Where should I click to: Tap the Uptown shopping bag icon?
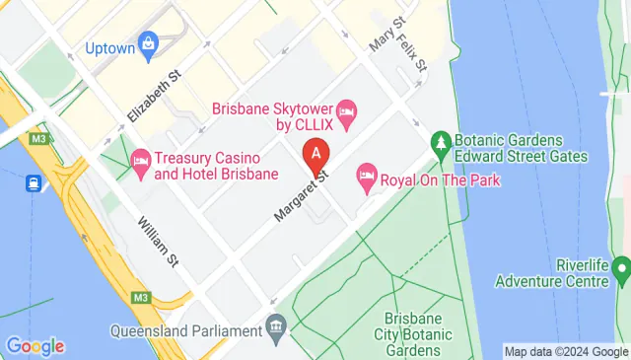(x=148, y=42)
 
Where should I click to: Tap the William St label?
(x=157, y=243)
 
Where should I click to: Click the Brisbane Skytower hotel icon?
(x=346, y=110)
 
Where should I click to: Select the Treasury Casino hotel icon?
(x=140, y=160)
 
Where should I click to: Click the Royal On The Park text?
(x=440, y=180)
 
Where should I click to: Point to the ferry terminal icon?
(x=33, y=182)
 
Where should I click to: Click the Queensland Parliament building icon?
(x=277, y=325)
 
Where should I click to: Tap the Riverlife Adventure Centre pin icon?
(x=621, y=267)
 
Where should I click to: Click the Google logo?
(x=35, y=346)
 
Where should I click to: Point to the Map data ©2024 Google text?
(x=564, y=351)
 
